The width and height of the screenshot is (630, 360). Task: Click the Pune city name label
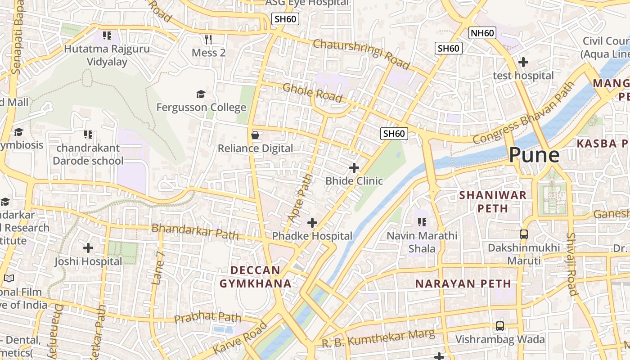[534, 155]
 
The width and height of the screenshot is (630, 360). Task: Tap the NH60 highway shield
[482, 33]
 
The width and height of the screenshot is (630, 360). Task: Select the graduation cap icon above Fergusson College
[201, 94]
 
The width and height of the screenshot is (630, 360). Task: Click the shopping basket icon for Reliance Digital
[255, 135]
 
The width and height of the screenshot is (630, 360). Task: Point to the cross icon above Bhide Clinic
[354, 168]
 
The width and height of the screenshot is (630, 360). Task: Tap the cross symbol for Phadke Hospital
[312, 223]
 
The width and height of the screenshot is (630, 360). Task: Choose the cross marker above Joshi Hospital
[88, 248]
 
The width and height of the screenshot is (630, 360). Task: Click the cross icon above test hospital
[523, 62]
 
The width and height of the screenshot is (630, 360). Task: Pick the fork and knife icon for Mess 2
[208, 40]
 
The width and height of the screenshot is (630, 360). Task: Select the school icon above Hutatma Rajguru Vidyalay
[107, 35]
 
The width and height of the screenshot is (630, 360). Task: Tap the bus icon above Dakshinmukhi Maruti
[524, 234]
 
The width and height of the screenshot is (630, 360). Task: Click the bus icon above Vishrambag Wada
[500, 326]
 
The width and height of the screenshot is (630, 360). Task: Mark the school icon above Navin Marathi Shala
[422, 222]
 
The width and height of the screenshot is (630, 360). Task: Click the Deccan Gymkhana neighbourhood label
[255, 277]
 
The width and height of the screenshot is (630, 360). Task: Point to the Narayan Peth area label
[463, 284]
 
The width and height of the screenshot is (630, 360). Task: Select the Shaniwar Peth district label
[492, 202]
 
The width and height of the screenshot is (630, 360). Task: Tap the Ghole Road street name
[312, 93]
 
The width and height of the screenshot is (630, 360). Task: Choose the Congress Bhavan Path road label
[524, 113]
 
